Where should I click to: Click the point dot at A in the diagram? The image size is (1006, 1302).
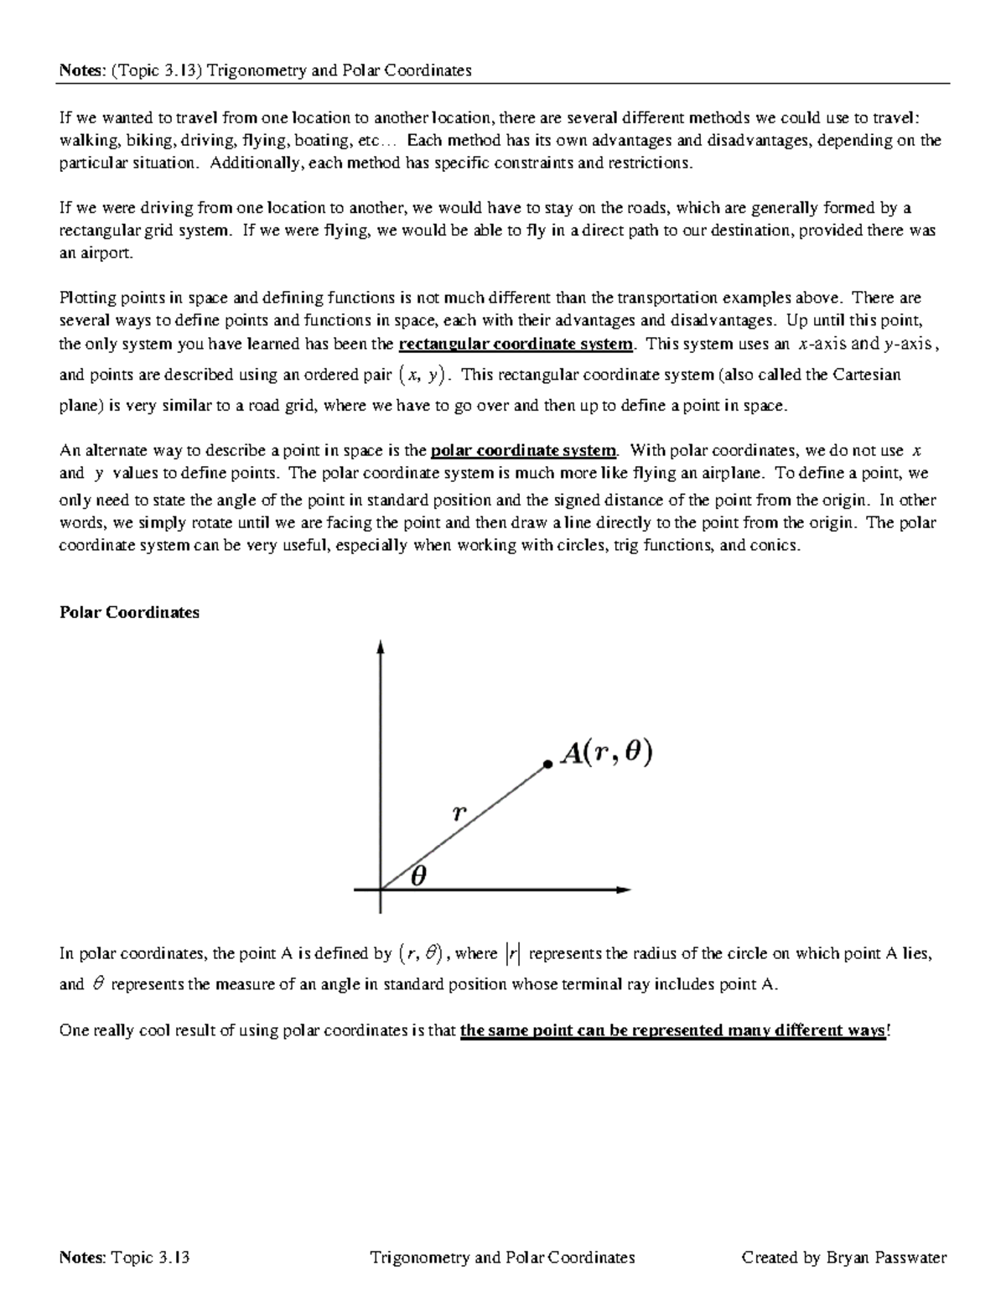click(x=547, y=764)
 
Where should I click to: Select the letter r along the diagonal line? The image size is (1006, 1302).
click(x=459, y=812)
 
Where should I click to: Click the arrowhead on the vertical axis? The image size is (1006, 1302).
click(x=381, y=647)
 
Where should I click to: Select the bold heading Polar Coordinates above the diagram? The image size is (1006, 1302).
click(x=129, y=612)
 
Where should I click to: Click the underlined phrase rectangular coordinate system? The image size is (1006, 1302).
click(x=516, y=344)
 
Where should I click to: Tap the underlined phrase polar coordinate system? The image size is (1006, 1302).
click(x=523, y=450)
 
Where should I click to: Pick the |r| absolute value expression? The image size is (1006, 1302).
click(x=513, y=953)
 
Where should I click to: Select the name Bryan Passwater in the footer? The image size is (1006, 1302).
click(x=886, y=1257)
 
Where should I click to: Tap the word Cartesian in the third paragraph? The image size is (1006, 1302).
click(x=868, y=375)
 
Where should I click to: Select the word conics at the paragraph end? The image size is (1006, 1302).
click(x=776, y=546)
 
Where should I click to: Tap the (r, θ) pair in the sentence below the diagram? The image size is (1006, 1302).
click(x=421, y=953)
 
